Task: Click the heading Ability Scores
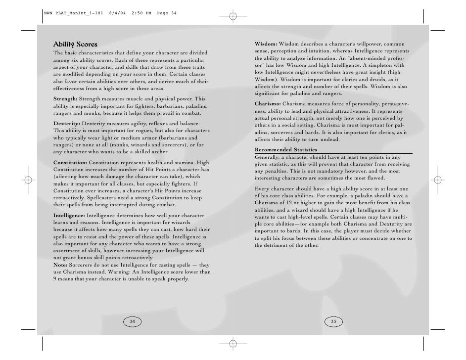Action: pos(75,45)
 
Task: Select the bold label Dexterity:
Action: pos(67,123)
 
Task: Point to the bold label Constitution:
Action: pos(70,162)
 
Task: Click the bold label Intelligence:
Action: pos(69,216)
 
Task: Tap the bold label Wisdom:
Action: pos(266,45)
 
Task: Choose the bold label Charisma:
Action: pos(268,104)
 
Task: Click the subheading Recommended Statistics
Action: pos(286,150)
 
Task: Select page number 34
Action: pos(132,321)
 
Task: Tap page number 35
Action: pos(333,321)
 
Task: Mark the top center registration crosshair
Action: pos(233,17)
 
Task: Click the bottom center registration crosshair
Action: pos(233,343)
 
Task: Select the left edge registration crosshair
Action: pos(28,180)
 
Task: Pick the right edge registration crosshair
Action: pos(437,180)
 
